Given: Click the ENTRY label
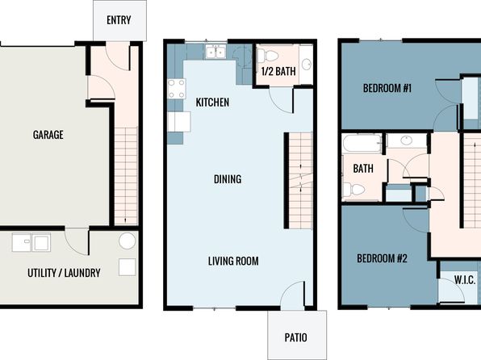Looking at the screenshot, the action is point(119,20).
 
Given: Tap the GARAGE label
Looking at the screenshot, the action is point(48,135).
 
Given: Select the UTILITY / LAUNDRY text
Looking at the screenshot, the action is point(64,273).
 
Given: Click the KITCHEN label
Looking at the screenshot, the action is point(212,103).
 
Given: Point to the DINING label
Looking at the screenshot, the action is point(228,179).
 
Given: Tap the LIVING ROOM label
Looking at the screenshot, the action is point(233,261).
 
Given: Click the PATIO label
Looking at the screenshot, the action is point(295,337).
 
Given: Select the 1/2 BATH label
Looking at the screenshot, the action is point(278,71).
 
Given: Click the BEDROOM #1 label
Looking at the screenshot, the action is point(387,89).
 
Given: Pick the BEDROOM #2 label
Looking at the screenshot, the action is point(382,258).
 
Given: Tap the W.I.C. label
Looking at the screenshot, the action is point(465,280).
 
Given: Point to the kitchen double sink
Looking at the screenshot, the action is point(215,51).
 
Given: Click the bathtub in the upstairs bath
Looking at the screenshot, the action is point(362,144).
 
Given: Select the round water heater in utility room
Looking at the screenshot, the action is point(127,241).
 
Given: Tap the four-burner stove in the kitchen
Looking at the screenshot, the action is point(177,89).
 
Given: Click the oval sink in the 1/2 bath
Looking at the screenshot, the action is point(306,64).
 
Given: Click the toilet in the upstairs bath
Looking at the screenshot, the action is point(353,190).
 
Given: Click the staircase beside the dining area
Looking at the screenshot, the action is point(300,181).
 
